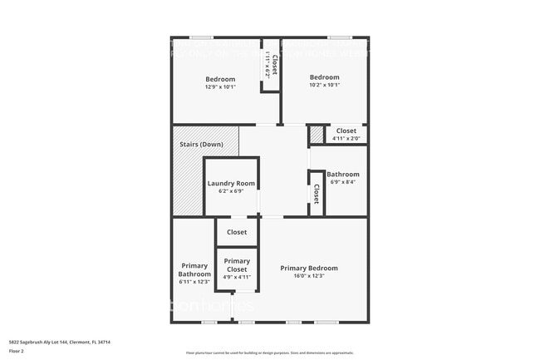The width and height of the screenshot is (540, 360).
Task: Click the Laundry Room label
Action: point(231,183)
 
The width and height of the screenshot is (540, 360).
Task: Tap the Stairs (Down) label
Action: point(200,145)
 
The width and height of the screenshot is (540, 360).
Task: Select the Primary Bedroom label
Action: point(308,268)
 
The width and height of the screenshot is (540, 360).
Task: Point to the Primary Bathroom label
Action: point(194,270)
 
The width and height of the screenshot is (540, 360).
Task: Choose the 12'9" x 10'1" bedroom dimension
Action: point(220,86)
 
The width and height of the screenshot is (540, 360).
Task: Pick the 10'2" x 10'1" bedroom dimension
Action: point(324,85)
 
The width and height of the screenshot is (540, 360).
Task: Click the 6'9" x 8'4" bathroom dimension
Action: point(342,182)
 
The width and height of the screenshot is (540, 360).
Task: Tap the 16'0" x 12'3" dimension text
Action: point(308,276)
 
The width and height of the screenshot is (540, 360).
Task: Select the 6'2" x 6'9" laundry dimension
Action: point(231,191)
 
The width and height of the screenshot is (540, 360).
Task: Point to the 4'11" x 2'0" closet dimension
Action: point(346,138)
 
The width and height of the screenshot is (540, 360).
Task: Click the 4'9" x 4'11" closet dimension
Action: point(237,277)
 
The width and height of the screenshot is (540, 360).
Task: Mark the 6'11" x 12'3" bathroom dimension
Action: point(194,282)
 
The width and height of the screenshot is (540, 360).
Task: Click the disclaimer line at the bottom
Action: point(269,353)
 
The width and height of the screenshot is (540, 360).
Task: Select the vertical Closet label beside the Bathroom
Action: point(316,193)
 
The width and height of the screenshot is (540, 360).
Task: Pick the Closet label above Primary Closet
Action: point(237,232)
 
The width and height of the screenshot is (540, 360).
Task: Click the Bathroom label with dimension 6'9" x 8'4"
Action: point(342,174)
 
